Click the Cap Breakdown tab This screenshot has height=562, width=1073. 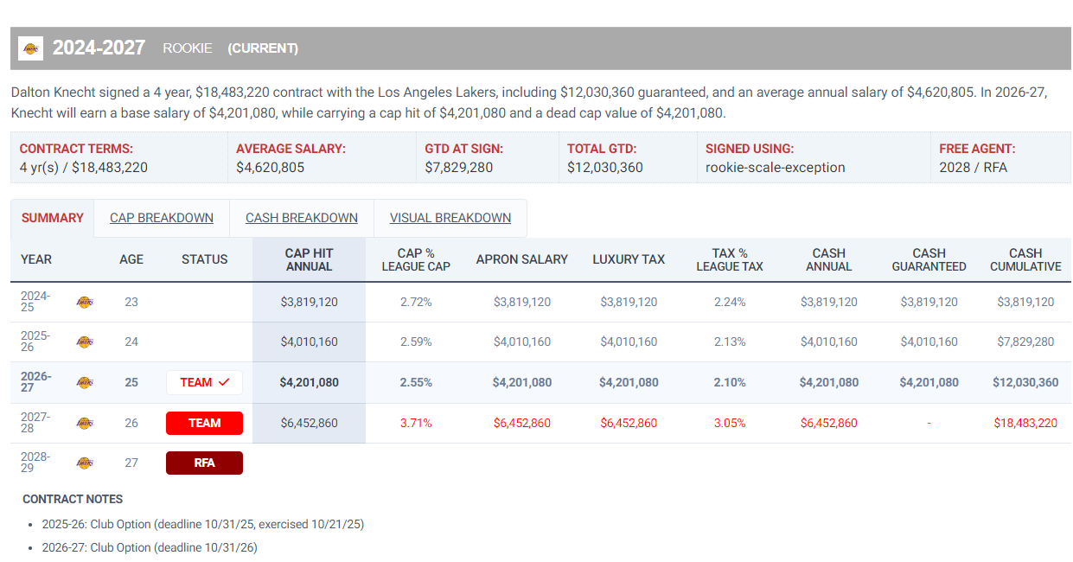162,218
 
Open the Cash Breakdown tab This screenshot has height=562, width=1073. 301,218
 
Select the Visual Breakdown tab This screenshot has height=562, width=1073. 450,218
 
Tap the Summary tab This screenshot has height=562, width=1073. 52,218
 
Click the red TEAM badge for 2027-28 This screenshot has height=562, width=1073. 205,423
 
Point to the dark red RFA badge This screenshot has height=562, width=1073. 205,463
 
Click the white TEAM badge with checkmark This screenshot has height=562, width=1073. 205,382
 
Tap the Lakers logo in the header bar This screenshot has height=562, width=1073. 30,48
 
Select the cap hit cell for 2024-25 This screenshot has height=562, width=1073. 309,302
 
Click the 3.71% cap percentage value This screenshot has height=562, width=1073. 416,423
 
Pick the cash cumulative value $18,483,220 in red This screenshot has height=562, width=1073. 1025,423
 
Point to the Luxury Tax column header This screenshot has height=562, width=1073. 629,259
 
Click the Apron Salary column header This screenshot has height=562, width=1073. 521,259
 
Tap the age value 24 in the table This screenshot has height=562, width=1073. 131,342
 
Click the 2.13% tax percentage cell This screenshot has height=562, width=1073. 730,342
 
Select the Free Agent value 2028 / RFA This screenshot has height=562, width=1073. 973,167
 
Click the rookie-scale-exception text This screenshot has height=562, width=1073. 775,167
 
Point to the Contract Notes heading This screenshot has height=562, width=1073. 73,499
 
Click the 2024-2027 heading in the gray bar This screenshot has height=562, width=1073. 99,48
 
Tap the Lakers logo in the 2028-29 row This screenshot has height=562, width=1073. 85,463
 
